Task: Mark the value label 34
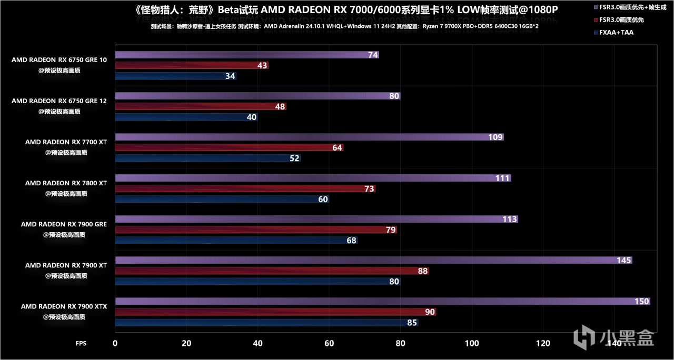click(230, 76)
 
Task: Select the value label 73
click(369, 189)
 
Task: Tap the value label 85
click(412, 323)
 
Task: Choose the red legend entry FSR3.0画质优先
click(621, 20)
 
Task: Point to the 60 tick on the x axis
click(329, 343)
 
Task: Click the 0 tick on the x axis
click(115, 343)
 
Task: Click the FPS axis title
click(81, 343)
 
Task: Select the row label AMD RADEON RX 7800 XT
click(66, 183)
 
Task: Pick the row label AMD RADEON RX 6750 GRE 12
click(59, 101)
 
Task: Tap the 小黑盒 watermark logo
click(614, 337)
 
